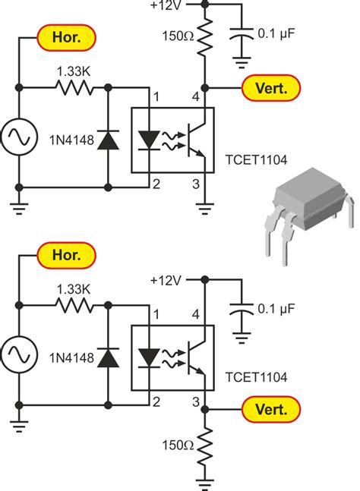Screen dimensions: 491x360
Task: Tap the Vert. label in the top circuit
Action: [265, 88]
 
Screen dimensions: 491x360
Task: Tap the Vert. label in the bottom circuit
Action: [265, 411]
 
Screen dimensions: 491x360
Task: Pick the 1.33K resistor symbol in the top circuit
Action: [72, 88]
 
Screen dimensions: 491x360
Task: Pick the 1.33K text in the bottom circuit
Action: [72, 289]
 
